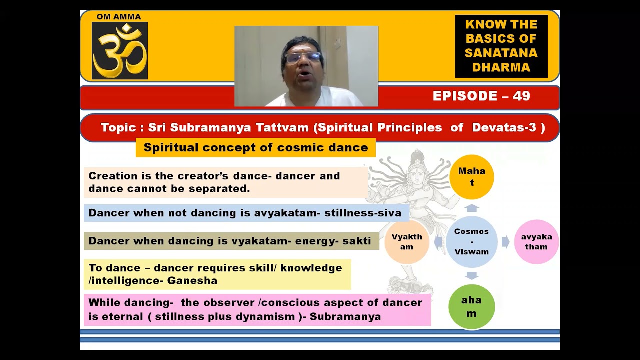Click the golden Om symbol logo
point(120,51)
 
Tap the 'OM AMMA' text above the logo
point(119,17)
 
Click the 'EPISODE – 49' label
point(481,96)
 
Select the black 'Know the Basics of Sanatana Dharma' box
point(501,46)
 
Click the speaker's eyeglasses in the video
point(304,57)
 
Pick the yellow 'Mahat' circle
point(471,177)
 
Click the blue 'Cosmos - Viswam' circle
point(471,242)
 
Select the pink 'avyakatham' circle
point(536,242)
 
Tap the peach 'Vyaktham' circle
point(407,242)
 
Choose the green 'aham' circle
point(471,306)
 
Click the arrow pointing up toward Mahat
point(472,208)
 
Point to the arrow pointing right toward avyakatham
point(505,242)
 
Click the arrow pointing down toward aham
point(472,275)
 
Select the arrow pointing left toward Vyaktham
point(438,242)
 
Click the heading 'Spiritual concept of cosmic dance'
point(255,147)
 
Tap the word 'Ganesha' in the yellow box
point(192,280)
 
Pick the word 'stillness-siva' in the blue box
point(363,213)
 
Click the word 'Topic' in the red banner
point(118,127)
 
